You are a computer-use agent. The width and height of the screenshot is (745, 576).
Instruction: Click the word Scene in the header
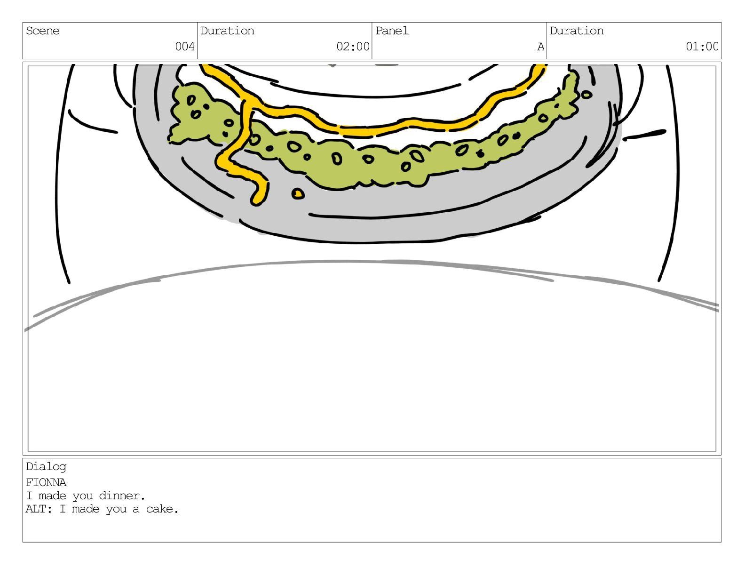(x=42, y=31)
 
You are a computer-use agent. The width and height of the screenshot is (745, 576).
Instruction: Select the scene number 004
(x=185, y=46)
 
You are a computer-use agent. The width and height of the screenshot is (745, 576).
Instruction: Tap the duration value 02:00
(x=353, y=46)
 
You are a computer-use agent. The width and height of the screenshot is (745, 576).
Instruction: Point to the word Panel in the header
(x=392, y=31)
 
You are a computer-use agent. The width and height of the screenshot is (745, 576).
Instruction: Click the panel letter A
(x=540, y=47)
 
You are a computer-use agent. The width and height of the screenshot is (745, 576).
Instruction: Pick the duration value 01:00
(x=702, y=46)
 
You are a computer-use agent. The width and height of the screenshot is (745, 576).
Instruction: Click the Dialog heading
(x=46, y=467)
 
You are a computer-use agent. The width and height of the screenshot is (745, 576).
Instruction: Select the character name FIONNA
(x=46, y=483)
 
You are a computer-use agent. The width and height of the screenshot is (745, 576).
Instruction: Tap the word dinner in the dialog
(x=122, y=496)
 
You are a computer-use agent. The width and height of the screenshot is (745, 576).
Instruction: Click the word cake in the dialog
(x=162, y=509)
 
